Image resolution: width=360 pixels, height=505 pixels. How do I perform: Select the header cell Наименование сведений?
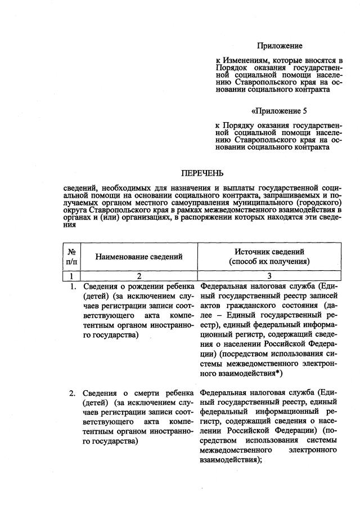pos(139,257)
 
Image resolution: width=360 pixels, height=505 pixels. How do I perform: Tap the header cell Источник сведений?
pos(269,257)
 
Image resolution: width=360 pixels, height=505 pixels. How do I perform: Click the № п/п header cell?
pos(71,257)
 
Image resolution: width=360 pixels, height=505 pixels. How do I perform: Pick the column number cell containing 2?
pos(139,276)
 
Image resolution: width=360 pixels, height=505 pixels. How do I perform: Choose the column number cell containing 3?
pos(269,276)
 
